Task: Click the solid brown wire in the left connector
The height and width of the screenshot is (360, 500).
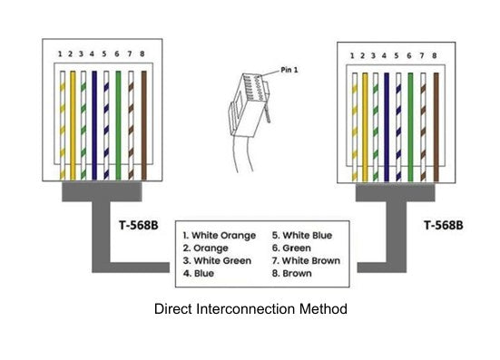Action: tap(143, 125)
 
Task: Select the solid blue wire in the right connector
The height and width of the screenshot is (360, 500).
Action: tap(387, 127)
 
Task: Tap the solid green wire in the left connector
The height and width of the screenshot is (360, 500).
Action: tap(118, 125)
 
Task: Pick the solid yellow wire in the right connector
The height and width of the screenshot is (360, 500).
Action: tap(365, 127)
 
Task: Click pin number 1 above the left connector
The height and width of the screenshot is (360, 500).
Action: tap(60, 54)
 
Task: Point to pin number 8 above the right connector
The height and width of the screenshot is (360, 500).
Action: tap(435, 55)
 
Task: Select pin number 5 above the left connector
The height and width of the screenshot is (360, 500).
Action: tap(104, 54)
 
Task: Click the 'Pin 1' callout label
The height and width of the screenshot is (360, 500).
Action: tap(289, 70)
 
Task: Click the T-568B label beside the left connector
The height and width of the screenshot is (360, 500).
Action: tap(139, 225)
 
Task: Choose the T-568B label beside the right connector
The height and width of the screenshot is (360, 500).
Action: tap(444, 225)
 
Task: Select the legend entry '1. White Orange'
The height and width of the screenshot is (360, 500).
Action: tap(220, 236)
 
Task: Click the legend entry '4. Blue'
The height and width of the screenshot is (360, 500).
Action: tap(199, 273)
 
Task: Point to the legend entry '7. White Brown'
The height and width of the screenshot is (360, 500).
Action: tap(306, 260)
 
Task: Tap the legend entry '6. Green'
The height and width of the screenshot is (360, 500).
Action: tap(291, 248)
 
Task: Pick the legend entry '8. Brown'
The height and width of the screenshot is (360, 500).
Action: tap(292, 273)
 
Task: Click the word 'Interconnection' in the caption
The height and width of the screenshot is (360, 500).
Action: tap(246, 309)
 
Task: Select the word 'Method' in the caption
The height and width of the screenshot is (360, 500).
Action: tap(323, 309)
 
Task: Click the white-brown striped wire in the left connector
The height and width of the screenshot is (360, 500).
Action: tap(131, 125)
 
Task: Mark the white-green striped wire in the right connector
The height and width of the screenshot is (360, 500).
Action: tap(376, 127)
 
